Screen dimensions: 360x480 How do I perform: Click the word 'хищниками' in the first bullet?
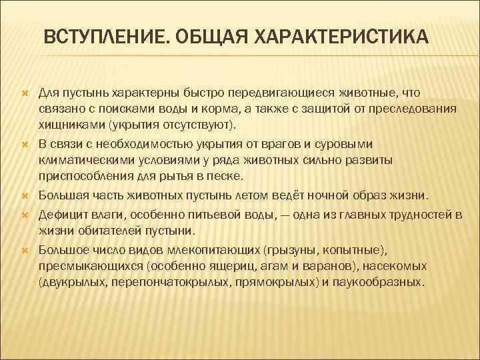tap(67, 125)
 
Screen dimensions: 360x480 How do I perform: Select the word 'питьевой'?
tap(201, 213)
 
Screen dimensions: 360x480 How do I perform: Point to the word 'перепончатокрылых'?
tap(171, 282)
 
